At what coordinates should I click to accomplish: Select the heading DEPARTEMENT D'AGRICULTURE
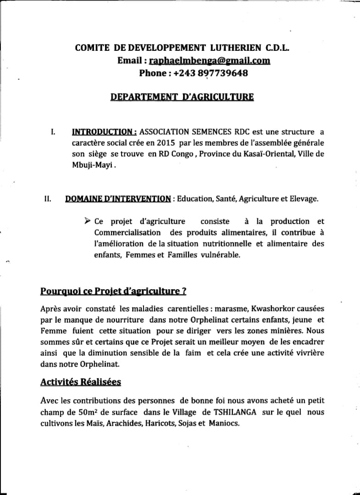tap(182, 97)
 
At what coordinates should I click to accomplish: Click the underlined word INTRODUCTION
tap(104, 132)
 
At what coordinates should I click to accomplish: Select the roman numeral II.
tap(47, 199)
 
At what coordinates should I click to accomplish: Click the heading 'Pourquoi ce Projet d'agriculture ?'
tap(113, 291)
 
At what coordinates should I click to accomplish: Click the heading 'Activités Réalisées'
tap(81, 382)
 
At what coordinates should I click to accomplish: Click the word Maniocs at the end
tap(224, 423)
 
